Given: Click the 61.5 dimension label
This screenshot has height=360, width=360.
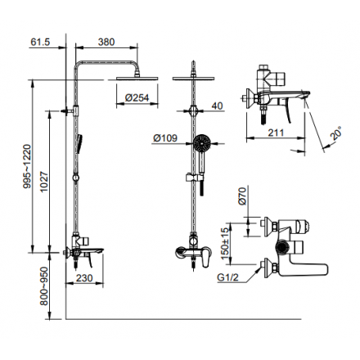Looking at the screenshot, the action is click(40, 42).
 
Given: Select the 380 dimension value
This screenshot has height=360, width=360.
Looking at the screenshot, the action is click(106, 42).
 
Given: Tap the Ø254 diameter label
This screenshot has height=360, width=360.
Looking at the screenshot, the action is click(137, 97).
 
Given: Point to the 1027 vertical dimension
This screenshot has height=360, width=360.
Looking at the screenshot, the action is click(44, 182).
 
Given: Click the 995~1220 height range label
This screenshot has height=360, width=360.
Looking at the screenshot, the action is click(27, 166).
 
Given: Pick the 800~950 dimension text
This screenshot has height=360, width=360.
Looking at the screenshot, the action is click(44, 286).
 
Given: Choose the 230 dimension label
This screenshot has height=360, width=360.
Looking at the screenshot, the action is click(84, 278).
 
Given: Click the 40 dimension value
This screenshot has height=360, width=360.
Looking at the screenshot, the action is click(217, 106).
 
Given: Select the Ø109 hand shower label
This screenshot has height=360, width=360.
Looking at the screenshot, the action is click(165, 138).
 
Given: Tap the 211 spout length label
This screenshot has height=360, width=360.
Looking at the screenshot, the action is click(276, 133).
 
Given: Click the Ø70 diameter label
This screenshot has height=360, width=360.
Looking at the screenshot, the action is click(242, 196).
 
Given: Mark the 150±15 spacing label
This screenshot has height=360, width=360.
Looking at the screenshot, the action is click(225, 243).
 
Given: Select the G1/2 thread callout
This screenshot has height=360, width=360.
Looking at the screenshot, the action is click(227, 277).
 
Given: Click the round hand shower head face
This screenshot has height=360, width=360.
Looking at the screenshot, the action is click(201, 142).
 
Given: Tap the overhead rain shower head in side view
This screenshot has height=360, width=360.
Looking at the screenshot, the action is click(137, 78).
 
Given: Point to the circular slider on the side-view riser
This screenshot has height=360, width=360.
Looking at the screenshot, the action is click(76, 178).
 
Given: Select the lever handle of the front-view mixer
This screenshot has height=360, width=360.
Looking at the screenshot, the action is click(206, 258).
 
